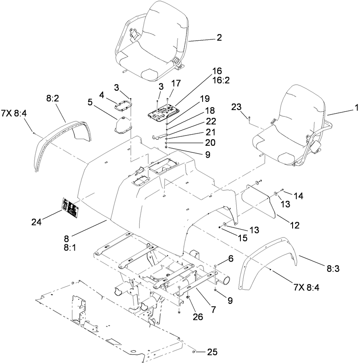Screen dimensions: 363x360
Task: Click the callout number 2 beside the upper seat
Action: pos(219,38)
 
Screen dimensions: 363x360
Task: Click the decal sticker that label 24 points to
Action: pos(71,207)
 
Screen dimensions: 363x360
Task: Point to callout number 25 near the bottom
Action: pos(212,352)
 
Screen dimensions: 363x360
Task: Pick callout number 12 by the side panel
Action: pos(295,225)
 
